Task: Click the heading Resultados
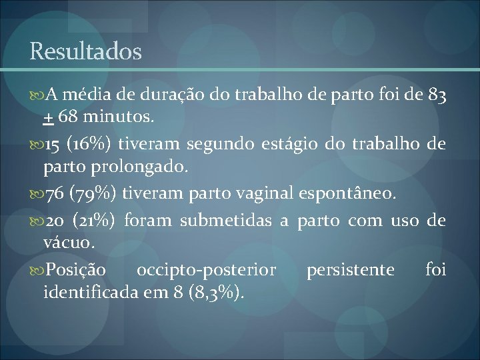[x=85, y=51]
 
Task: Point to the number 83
[x=437, y=95]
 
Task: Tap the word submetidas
[x=231, y=220]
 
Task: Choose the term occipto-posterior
[x=206, y=269]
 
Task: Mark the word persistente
[x=351, y=269]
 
